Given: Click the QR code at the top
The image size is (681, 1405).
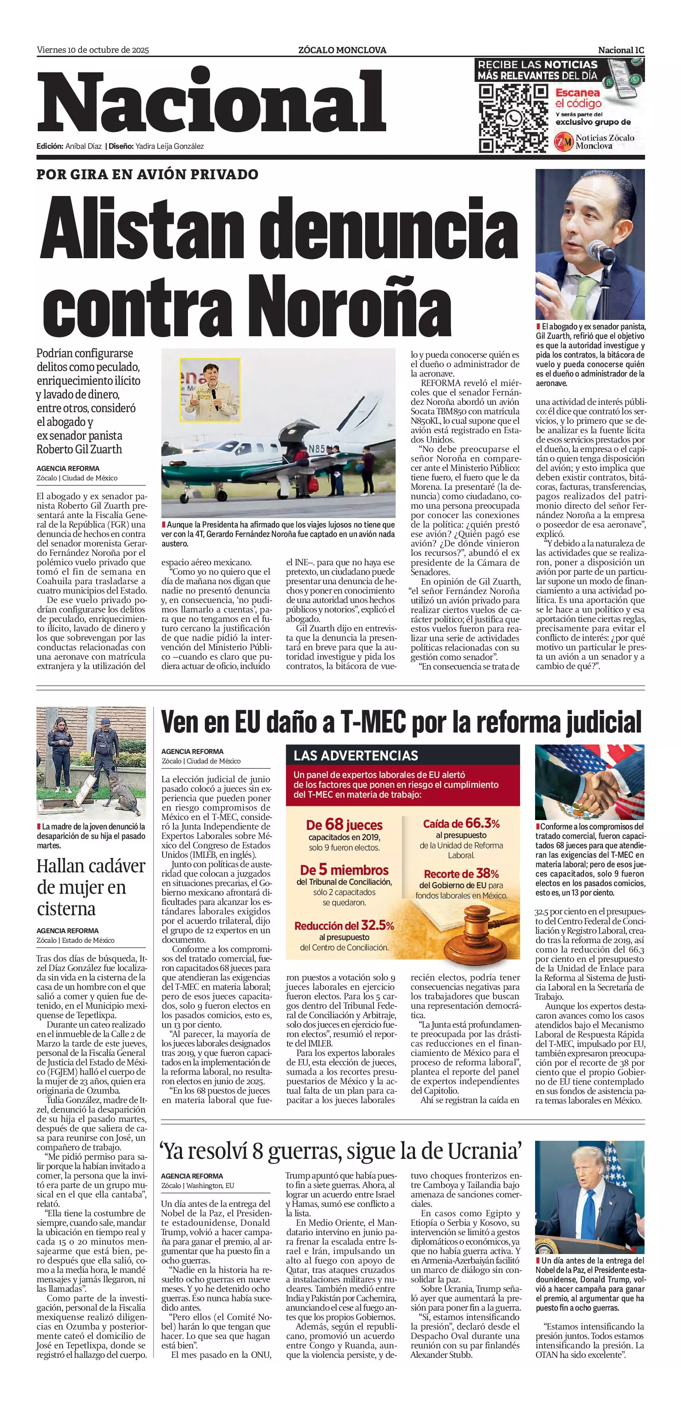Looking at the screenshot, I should click(513, 118).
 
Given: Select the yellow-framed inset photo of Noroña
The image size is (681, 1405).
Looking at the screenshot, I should click(210, 389).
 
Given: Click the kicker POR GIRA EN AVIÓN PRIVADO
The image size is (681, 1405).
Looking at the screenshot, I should click(147, 175).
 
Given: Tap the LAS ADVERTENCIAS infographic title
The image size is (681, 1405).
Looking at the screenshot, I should click(356, 755).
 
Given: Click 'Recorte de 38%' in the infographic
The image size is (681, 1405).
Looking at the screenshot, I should click(461, 874).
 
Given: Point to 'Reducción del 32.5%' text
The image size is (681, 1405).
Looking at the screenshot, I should click(344, 926).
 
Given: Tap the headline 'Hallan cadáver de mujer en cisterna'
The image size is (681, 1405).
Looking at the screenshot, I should click(91, 887).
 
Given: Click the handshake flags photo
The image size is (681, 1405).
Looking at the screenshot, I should click(589, 782).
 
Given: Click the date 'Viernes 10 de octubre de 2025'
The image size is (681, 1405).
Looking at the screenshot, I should click(93, 50).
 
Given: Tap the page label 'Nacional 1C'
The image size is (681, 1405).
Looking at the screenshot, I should click(620, 50).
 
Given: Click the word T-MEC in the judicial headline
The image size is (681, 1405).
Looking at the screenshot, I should click(373, 723).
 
